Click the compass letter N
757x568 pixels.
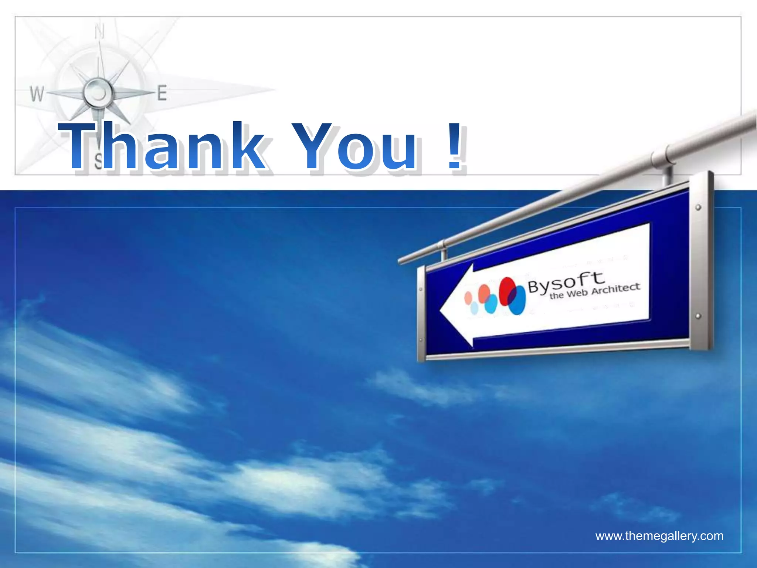click(x=99, y=31)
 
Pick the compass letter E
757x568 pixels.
click(x=162, y=93)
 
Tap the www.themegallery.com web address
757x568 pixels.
click(x=659, y=536)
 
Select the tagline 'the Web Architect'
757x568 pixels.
click(x=594, y=291)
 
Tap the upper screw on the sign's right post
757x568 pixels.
click(x=698, y=207)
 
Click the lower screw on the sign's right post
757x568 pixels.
click(x=698, y=316)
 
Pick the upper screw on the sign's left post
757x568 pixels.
click(x=421, y=290)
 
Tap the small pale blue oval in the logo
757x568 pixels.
click(x=474, y=308)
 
